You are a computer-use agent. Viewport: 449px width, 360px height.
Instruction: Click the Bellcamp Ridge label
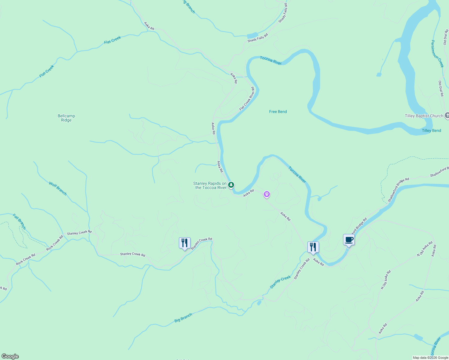(66, 118)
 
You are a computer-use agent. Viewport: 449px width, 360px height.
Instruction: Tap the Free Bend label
(278, 112)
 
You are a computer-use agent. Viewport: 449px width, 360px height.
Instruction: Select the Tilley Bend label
(431, 130)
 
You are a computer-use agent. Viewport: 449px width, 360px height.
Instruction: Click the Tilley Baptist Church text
(424, 116)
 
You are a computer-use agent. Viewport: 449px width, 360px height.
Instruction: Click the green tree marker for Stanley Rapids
(231, 185)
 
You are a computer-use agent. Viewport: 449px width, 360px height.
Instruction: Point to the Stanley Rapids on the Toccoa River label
(210, 185)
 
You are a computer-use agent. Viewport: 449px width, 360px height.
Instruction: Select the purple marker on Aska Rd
(267, 194)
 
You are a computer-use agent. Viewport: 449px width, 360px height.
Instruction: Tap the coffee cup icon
(349, 240)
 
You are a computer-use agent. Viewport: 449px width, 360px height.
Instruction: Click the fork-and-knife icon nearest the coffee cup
(313, 247)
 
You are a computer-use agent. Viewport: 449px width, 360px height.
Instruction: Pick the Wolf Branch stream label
(58, 188)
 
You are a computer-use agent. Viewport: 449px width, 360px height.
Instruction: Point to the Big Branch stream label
(183, 318)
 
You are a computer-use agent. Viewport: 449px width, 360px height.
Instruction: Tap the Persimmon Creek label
(437, 54)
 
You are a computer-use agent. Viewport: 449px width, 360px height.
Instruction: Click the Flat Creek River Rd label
(247, 99)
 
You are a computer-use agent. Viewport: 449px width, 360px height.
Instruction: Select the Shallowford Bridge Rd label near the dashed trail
(398, 190)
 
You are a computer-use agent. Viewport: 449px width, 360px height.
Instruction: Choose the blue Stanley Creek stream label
(280, 282)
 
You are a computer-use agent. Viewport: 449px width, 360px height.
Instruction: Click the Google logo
(10, 356)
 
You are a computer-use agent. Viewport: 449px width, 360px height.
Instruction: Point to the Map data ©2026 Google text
(430, 358)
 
